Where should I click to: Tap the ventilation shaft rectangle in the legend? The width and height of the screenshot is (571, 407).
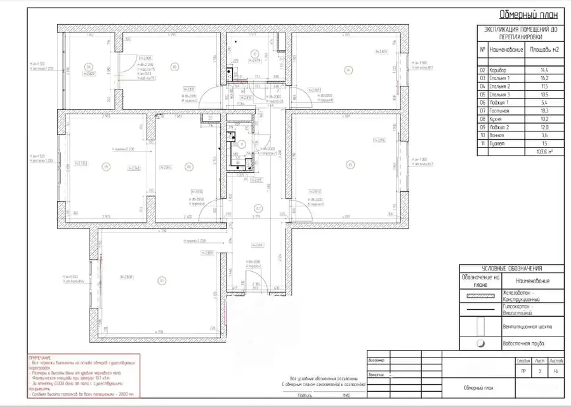pos(480,326)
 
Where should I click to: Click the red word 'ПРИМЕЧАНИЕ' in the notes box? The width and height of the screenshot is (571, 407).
pos(39,358)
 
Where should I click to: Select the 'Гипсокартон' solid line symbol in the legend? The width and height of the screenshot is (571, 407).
pos(480,310)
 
